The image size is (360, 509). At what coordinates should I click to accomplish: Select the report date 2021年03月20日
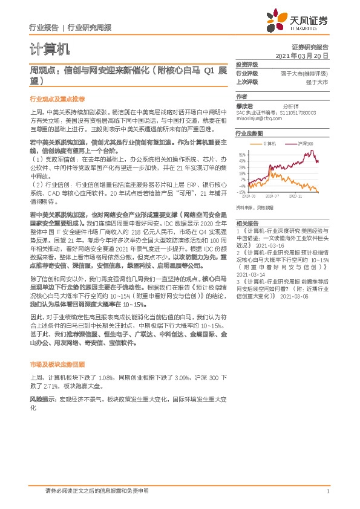click(302, 56)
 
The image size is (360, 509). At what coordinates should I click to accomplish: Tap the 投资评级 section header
click(247, 64)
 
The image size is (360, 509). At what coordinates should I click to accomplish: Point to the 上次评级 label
click(247, 81)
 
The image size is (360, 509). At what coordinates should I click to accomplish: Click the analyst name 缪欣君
click(245, 105)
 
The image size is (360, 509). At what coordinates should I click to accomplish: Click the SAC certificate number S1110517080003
click(307, 112)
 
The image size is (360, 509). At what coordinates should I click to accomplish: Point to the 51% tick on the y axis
click(242, 155)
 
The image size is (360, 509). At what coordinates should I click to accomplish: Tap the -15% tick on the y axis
click(241, 192)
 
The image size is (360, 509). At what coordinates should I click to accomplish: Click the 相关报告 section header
click(247, 222)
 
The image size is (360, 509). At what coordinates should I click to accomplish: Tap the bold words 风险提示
click(42, 400)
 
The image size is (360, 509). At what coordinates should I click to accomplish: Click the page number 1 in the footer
click(327, 491)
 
